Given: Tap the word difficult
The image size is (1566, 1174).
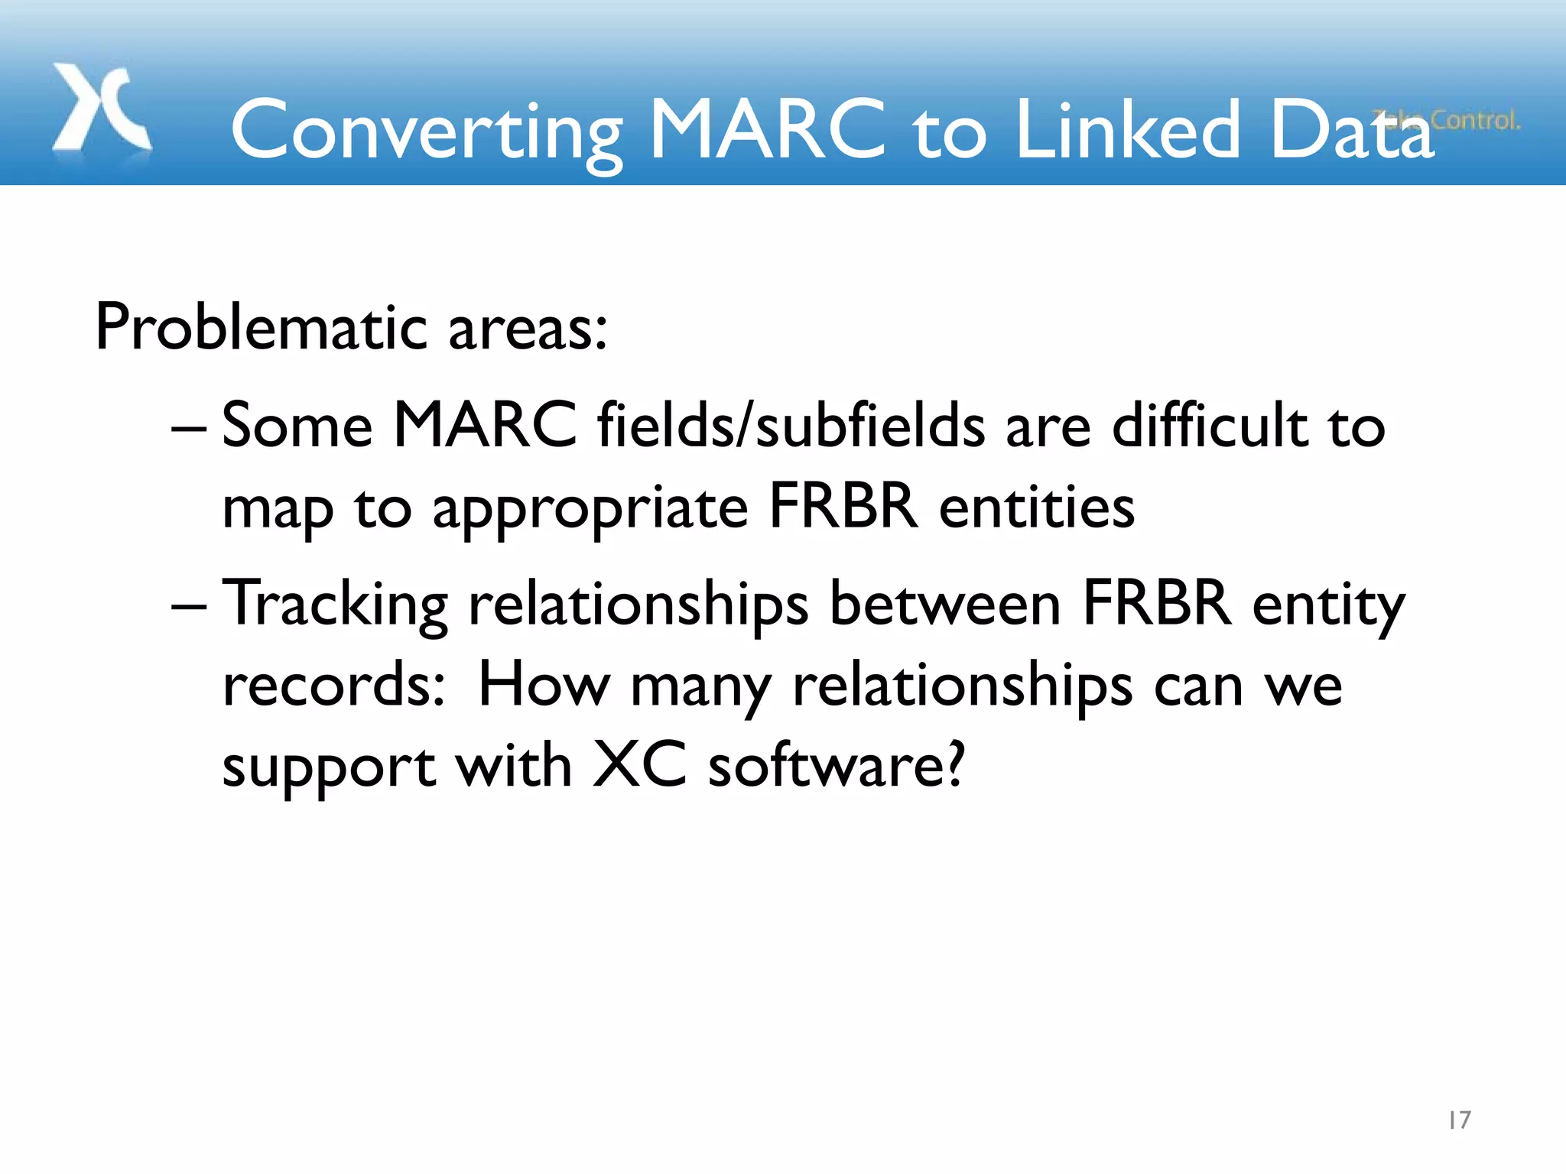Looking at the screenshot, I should (1210, 426).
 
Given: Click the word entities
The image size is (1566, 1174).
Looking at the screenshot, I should (1036, 508).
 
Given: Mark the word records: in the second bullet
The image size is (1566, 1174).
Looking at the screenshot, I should (333, 685).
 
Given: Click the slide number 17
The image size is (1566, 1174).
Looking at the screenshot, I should (1459, 1120).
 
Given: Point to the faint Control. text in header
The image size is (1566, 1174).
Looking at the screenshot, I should (1475, 120).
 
